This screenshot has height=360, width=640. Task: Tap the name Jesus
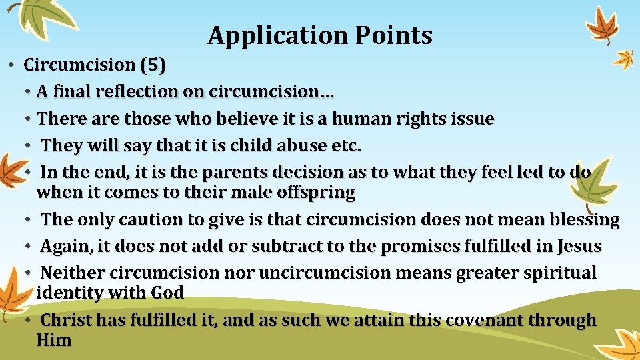pos(577,247)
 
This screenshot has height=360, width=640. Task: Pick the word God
pos(167,293)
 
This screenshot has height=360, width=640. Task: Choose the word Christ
pos(67,321)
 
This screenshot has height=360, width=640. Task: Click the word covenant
pos(478,321)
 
